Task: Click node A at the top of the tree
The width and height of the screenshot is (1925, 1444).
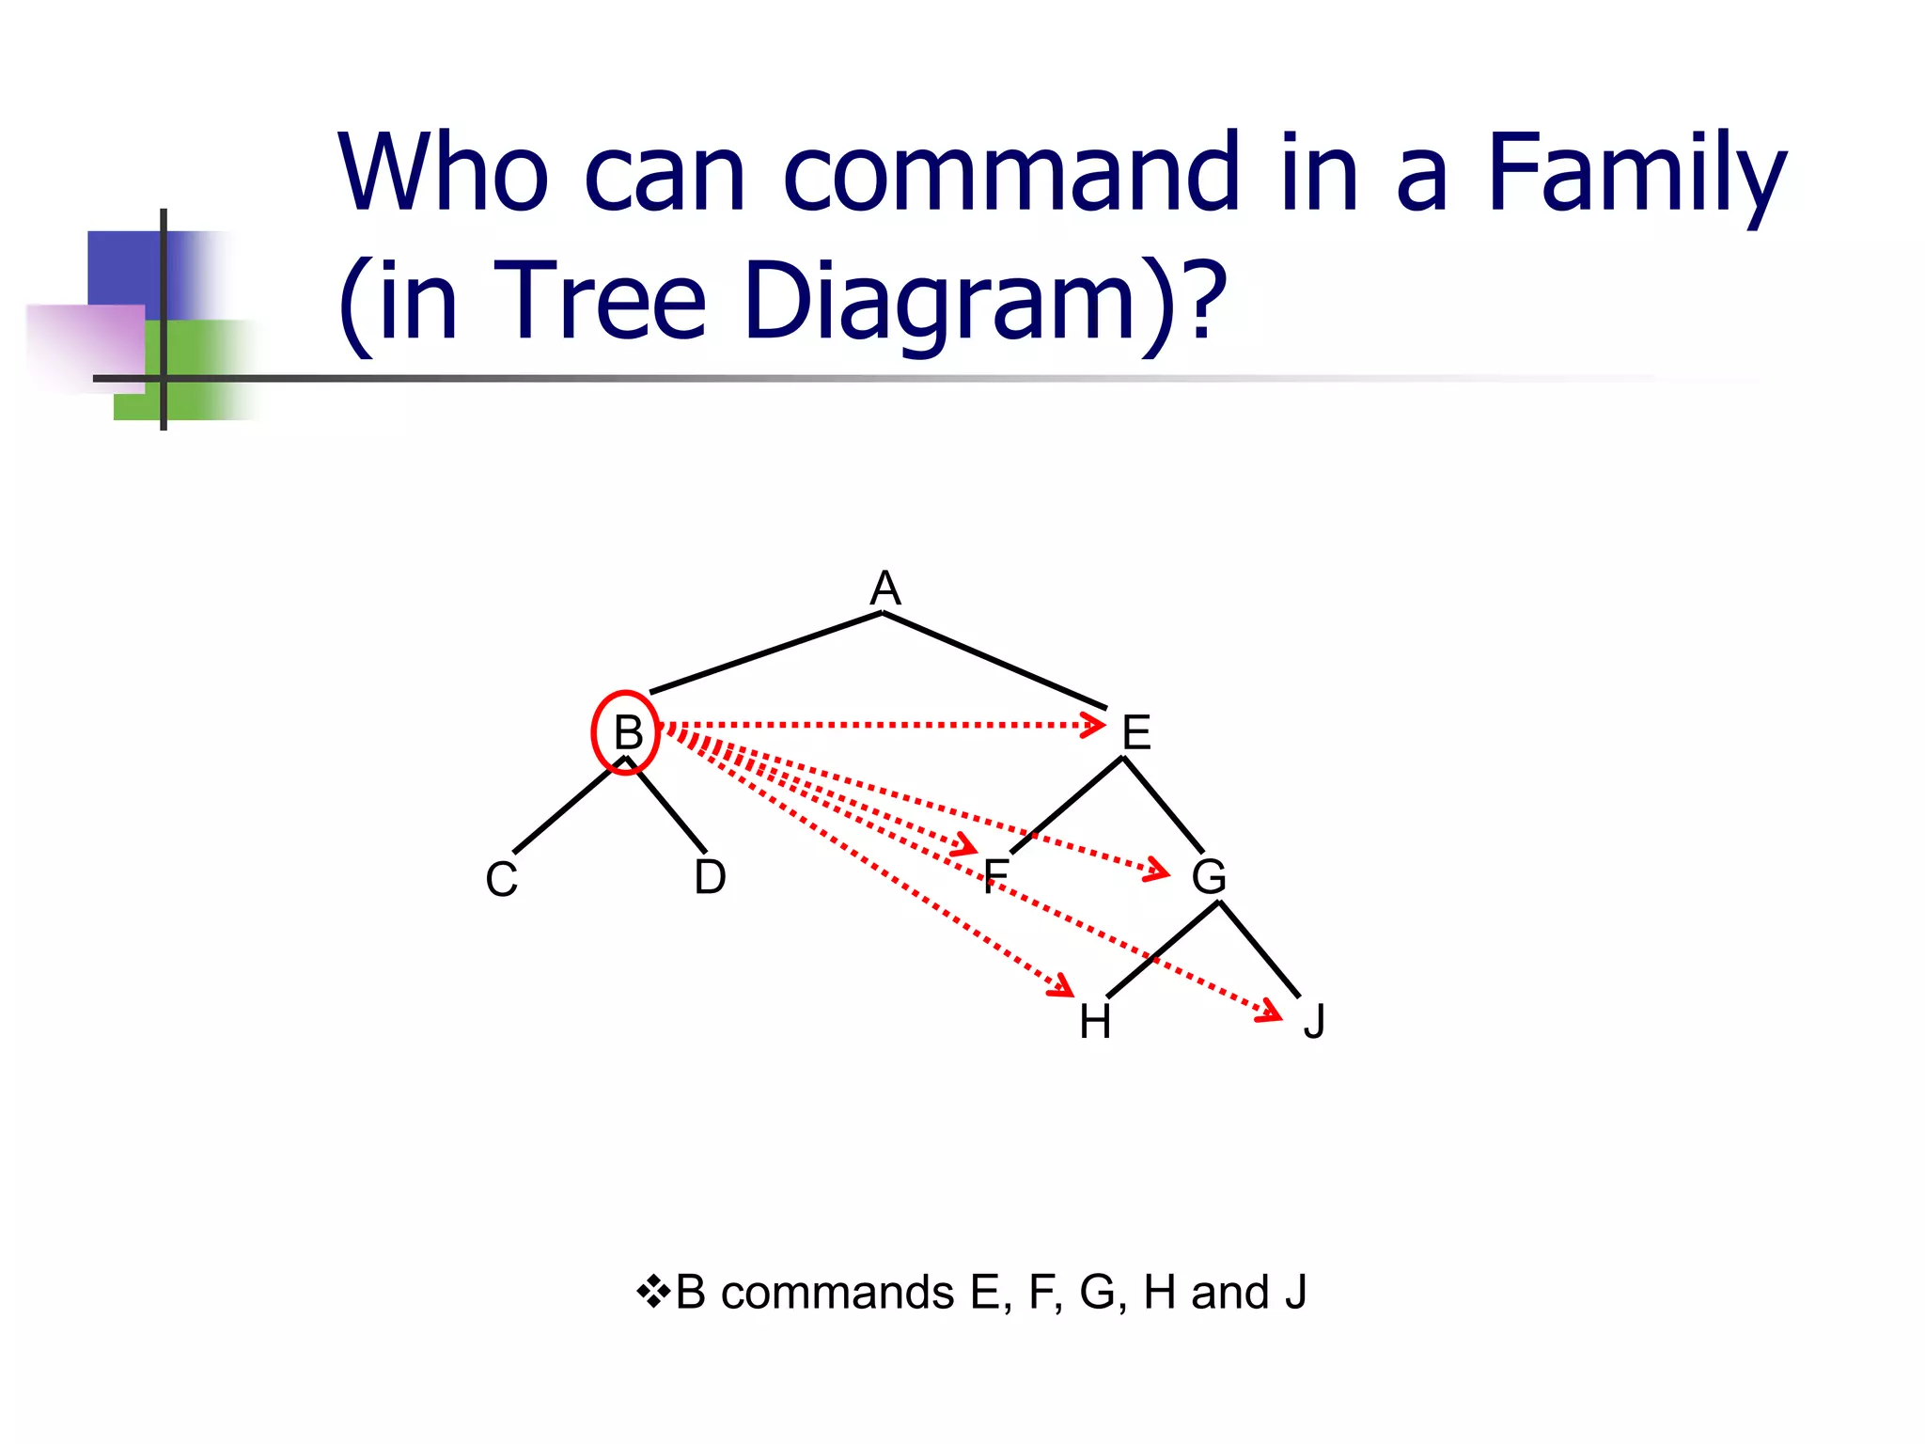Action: [x=884, y=589]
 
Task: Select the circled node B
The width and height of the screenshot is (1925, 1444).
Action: [x=626, y=732]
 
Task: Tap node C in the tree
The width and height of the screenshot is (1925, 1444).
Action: [x=501, y=880]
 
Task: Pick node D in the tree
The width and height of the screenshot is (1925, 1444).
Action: [x=710, y=877]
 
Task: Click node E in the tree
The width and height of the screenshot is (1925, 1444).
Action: [x=1136, y=732]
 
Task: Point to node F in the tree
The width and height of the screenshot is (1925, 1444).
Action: [x=995, y=877]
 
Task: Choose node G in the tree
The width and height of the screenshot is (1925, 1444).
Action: [x=1209, y=877]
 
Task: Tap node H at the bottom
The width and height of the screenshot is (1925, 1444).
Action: [x=1095, y=1022]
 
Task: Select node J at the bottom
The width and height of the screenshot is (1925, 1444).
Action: [x=1314, y=1022]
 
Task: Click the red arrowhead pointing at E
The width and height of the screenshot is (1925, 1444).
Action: [x=1093, y=725]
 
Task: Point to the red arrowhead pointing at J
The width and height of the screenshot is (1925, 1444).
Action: [x=1271, y=1012]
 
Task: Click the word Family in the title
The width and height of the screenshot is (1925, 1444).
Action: [x=1635, y=174]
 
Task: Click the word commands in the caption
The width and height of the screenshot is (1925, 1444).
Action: [x=837, y=1293]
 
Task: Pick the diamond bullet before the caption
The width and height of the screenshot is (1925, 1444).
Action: [x=652, y=1293]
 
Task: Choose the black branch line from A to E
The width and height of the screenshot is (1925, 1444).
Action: [x=994, y=660]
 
